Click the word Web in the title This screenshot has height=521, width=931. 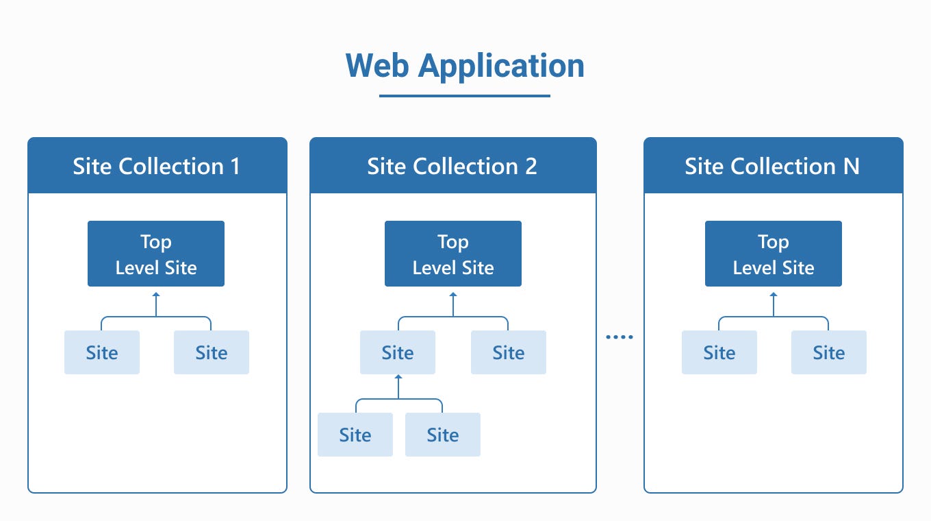pos(377,66)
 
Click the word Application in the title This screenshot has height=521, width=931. pos(501,66)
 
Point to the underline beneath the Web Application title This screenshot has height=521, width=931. pos(465,96)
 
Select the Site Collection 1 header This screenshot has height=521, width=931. pos(157,166)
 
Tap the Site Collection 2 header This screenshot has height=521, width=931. pos(452,166)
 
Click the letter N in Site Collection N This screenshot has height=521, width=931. pos(851,166)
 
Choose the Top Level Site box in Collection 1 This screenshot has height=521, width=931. pos(156,254)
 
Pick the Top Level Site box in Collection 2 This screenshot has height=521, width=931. pos(453,254)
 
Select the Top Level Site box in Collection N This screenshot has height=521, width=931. pos(774,254)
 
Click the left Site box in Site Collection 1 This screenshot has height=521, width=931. pos(102,352)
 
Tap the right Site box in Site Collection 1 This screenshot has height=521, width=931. pos(212,352)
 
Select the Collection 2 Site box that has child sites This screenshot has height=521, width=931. pos(398,352)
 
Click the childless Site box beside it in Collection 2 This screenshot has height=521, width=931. pos(509,352)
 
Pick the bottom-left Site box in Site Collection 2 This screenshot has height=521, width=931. pos(355,435)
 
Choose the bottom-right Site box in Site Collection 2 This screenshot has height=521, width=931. pos(443,435)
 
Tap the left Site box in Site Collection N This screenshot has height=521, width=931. pos(719,352)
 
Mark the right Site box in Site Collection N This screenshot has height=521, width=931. pos(829,352)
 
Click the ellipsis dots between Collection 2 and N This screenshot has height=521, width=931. pos(620,337)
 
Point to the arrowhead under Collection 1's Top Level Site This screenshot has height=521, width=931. pos(156,295)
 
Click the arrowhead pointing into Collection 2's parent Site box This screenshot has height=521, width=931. pos(398,377)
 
